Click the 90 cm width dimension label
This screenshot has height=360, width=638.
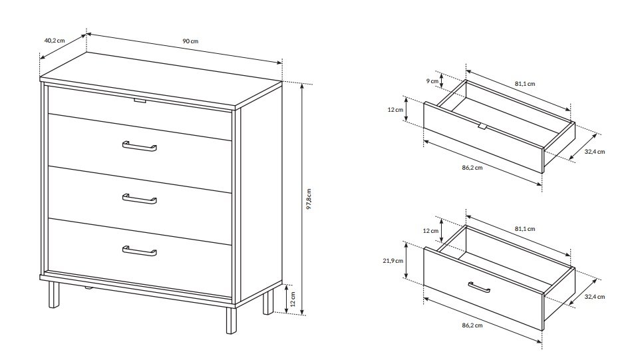tap(190, 41)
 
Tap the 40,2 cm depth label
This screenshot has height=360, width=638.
tap(55, 41)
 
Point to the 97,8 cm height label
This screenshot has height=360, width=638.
tap(309, 199)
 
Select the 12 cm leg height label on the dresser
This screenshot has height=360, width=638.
tap(293, 299)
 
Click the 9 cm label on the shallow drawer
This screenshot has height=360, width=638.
tap(432, 81)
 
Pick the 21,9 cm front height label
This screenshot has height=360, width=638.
tap(393, 261)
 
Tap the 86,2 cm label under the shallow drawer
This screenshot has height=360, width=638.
tap(472, 168)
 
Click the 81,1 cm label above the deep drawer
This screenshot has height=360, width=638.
tap(525, 229)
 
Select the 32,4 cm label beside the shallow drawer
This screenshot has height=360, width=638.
tap(595, 152)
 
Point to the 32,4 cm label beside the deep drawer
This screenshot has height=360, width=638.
tap(595, 297)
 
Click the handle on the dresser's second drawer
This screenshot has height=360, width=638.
tap(140, 146)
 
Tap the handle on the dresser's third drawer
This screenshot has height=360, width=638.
tap(140, 199)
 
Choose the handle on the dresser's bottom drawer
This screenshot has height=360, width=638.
tap(140, 251)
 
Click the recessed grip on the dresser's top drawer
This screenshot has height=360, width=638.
tap(140, 100)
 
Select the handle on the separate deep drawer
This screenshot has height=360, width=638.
tap(479, 287)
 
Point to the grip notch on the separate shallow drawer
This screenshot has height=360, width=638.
tap(482, 126)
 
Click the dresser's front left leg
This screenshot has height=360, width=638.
tap(54, 294)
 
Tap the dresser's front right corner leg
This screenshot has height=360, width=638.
tap(231, 320)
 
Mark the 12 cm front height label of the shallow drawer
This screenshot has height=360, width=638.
tap(395, 110)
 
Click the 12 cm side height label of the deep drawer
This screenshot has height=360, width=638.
tap(430, 231)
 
